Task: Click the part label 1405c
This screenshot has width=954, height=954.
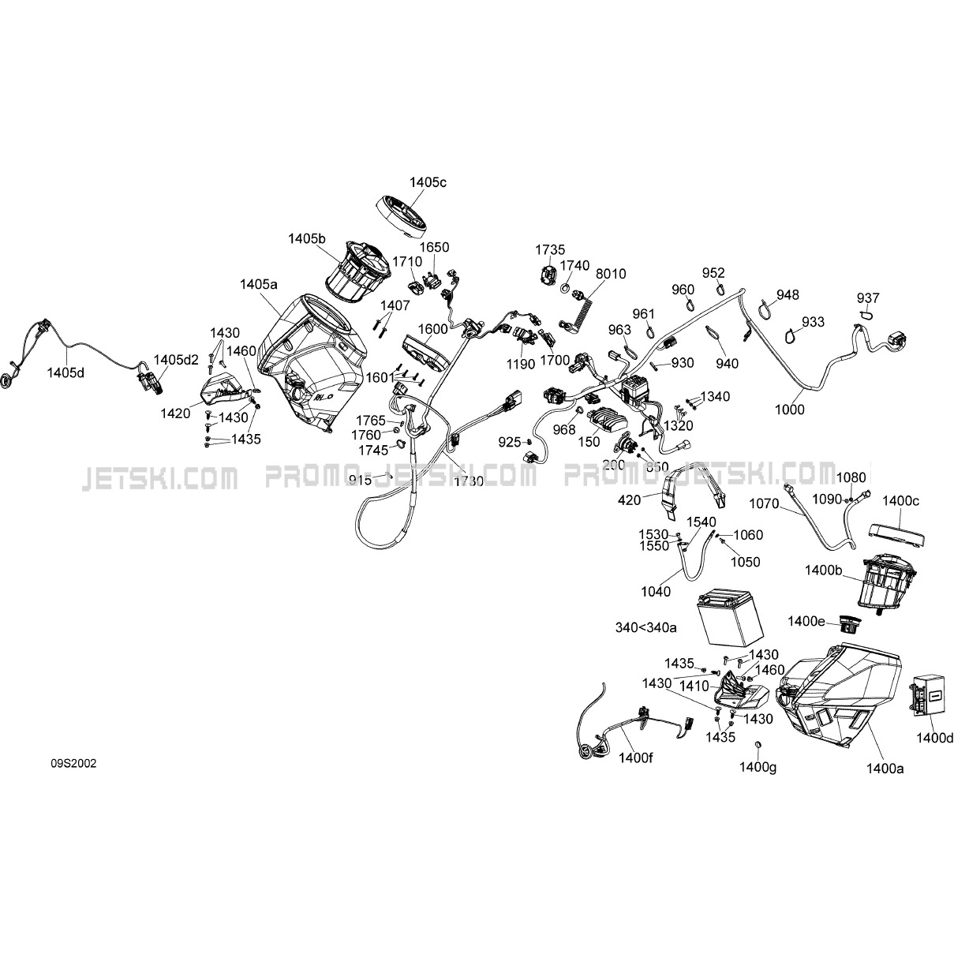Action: point(428,182)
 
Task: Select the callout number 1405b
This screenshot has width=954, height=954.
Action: point(307,238)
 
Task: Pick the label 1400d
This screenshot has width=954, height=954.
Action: point(935,738)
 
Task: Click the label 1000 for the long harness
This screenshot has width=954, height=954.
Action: point(789,409)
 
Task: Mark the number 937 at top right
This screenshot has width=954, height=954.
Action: point(868,297)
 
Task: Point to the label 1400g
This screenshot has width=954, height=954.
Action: point(758,765)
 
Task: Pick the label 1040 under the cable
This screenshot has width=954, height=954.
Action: point(656,592)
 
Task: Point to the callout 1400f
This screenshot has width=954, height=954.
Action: point(637,756)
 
